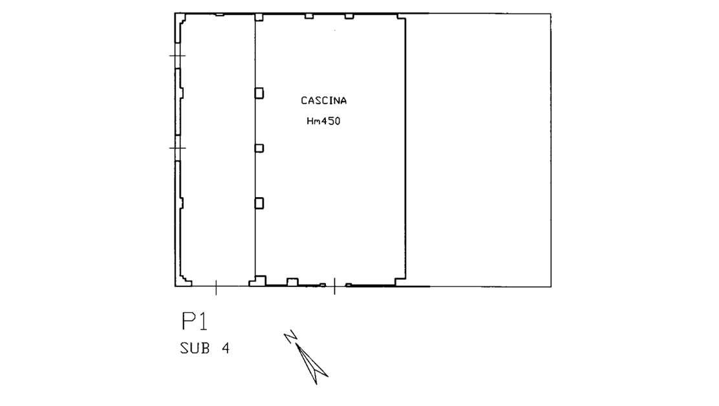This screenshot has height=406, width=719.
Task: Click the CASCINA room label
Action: click(x=324, y=100)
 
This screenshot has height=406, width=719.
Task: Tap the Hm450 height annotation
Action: click(x=323, y=121)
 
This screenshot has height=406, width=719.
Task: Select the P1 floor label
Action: click(x=195, y=321)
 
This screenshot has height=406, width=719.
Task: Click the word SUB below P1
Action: click(x=195, y=348)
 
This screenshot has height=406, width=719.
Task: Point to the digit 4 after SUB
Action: click(x=225, y=348)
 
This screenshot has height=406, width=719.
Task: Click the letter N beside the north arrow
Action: click(x=290, y=337)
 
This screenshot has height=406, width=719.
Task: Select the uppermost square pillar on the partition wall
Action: click(x=259, y=93)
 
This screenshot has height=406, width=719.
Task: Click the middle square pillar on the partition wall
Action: click(x=259, y=148)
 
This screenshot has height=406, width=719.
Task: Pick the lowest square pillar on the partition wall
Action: click(x=259, y=203)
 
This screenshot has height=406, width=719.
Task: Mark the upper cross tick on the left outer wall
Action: click(x=177, y=56)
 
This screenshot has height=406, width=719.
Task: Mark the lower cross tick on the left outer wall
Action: click(x=177, y=148)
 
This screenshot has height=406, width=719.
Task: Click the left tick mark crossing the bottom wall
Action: click(x=216, y=287)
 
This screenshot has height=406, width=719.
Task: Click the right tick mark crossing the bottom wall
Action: click(x=334, y=286)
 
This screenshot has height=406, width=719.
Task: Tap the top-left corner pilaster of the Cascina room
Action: click(x=259, y=17)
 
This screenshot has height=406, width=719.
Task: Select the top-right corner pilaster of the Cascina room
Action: click(x=402, y=17)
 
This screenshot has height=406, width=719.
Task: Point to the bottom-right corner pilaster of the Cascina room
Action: click(x=400, y=282)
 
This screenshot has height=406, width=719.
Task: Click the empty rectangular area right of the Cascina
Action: click(x=478, y=150)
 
